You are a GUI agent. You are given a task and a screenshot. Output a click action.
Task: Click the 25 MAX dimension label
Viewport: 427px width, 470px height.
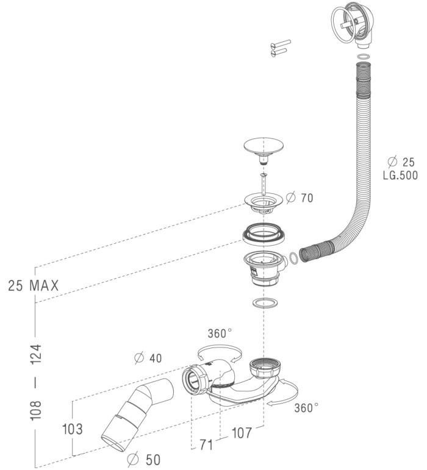coord(34,285)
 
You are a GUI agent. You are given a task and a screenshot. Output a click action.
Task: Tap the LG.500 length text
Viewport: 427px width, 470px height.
coord(400,175)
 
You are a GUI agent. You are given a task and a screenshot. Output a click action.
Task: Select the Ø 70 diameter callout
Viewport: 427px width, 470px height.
coord(300,198)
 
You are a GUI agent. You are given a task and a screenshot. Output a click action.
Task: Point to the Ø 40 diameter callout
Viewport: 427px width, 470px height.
coord(148,358)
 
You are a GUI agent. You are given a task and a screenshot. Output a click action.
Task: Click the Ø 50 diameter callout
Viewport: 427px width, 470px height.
coord(143,460)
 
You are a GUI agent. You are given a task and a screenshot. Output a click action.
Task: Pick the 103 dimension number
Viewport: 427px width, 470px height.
coord(72,429)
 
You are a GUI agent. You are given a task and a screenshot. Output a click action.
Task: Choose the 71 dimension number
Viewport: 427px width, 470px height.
coord(206,445)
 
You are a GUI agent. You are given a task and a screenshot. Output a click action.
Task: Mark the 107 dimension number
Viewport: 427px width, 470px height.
coord(242,433)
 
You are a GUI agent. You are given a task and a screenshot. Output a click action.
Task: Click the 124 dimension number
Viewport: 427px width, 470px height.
coord(36,354)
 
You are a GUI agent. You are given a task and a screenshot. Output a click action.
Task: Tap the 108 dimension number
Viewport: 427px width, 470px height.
coord(36,410)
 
